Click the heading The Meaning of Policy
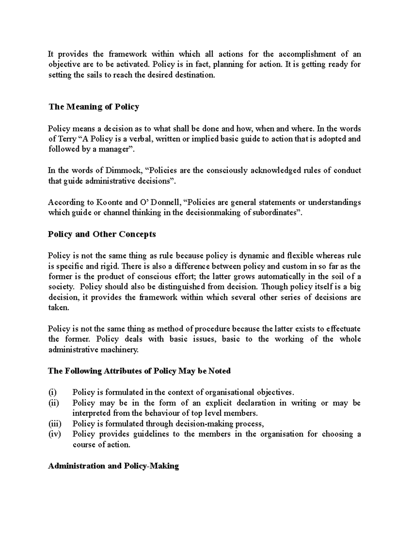(x=93, y=107)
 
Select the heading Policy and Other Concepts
(x=102, y=234)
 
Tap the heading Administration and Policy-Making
(x=113, y=466)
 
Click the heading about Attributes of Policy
(x=139, y=371)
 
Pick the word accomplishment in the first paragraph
(x=307, y=54)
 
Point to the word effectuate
(x=343, y=329)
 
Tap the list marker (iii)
(x=54, y=424)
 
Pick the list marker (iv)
(x=54, y=434)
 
